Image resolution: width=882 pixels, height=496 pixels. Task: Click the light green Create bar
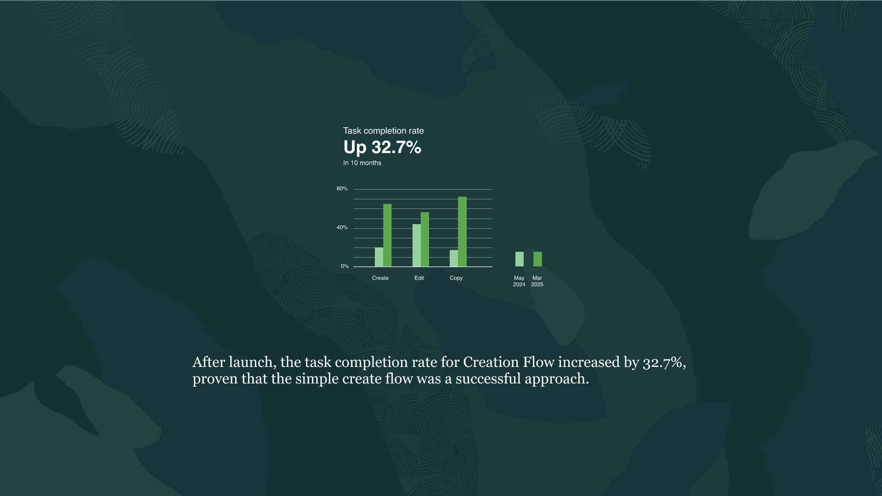(379, 257)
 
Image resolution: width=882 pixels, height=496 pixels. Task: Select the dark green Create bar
(387, 235)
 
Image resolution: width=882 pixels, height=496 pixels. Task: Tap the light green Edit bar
(416, 245)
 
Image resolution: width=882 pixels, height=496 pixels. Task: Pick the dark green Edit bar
(425, 239)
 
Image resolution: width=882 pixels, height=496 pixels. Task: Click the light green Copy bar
(454, 258)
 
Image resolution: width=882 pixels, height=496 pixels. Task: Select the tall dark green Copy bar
(462, 231)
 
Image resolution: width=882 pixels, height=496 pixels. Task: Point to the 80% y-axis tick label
(342, 189)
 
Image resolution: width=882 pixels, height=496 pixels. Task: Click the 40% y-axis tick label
(342, 227)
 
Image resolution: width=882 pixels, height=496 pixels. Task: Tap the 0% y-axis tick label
(345, 266)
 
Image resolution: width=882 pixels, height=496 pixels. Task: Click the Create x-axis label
(380, 278)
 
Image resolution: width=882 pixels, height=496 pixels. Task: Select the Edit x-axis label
(419, 278)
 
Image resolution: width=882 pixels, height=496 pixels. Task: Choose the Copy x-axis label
(456, 278)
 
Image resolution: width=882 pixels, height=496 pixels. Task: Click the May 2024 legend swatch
(520, 259)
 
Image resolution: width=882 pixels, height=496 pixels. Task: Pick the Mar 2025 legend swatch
(537, 259)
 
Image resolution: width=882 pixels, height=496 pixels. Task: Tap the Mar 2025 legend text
(537, 281)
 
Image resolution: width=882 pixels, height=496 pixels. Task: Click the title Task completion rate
(384, 131)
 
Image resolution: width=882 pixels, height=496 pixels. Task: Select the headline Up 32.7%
(382, 147)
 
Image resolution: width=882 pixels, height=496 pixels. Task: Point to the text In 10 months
(362, 163)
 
